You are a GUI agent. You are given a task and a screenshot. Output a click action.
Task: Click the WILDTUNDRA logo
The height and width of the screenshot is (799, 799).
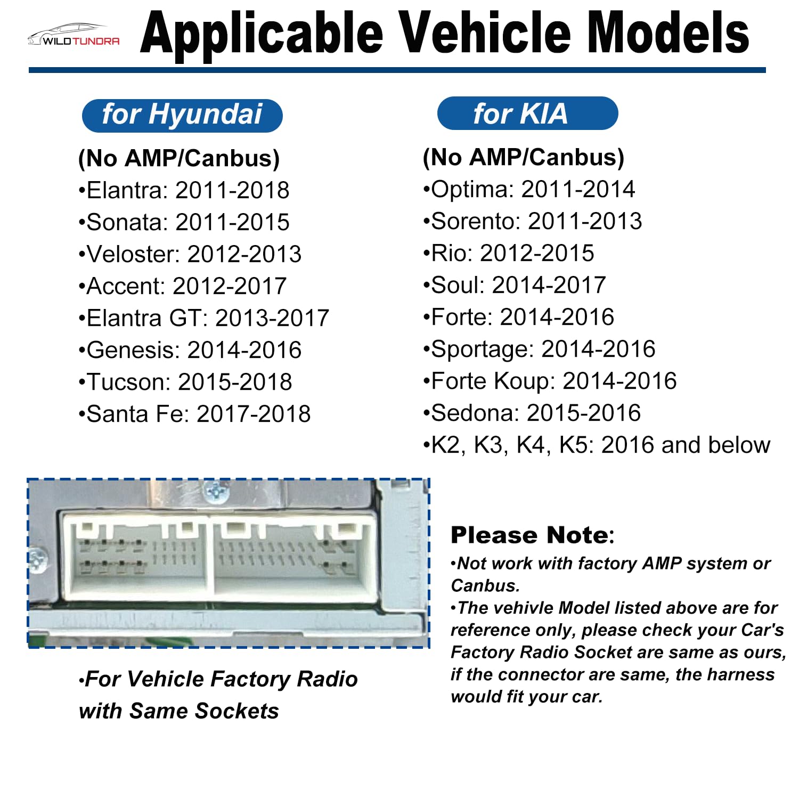click(74, 36)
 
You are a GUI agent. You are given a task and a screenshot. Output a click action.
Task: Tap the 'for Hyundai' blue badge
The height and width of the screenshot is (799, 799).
click(182, 115)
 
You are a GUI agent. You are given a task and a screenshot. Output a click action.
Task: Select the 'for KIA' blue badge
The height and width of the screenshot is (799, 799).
click(527, 113)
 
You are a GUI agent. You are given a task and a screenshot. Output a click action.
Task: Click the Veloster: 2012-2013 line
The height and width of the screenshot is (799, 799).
click(190, 254)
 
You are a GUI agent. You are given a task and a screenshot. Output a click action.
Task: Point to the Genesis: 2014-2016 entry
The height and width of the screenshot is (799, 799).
click(190, 350)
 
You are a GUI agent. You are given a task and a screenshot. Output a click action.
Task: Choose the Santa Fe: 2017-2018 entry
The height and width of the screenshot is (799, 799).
click(194, 414)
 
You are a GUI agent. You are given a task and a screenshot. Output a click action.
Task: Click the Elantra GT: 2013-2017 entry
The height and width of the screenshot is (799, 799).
click(203, 318)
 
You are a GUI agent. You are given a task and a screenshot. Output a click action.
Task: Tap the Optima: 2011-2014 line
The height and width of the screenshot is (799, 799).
click(529, 189)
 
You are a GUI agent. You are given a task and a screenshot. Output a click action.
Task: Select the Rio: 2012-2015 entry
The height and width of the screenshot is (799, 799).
click(508, 253)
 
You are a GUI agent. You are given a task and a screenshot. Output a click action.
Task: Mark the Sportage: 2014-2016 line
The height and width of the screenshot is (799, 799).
click(539, 349)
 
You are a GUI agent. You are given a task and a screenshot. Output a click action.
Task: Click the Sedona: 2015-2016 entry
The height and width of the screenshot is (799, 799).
click(532, 413)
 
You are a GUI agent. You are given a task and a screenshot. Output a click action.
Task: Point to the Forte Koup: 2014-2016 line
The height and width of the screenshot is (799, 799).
click(550, 381)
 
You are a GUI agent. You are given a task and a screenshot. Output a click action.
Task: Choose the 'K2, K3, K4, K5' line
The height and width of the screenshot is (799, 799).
click(597, 445)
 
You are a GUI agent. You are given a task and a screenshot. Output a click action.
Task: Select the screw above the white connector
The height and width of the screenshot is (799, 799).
click(216, 491)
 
